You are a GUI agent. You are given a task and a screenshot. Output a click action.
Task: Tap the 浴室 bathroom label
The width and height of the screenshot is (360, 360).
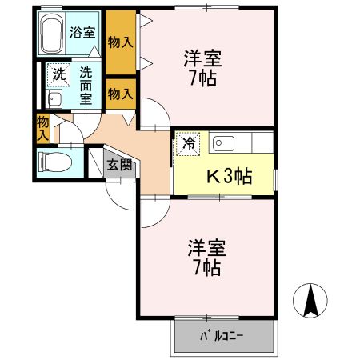[82, 34]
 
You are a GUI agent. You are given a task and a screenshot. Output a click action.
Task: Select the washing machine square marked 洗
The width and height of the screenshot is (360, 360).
[58, 74]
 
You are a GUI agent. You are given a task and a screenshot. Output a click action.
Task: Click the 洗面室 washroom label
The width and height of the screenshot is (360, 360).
[85, 85]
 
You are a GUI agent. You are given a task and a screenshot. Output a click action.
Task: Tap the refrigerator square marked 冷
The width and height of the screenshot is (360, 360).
[189, 145]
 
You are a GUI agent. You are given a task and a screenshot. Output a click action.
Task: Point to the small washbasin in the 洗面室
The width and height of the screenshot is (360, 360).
[55, 100]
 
